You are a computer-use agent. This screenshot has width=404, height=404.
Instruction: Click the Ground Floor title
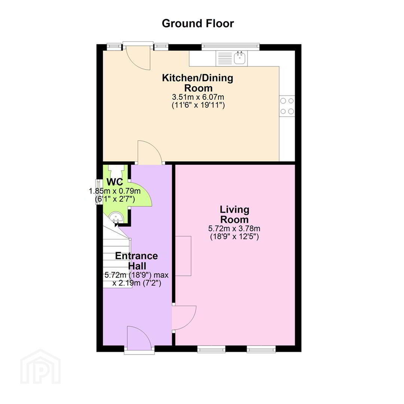coord(198,24)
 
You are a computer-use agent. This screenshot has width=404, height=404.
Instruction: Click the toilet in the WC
coord(116,171)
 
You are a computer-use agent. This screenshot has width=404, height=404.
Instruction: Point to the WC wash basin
coord(116,217)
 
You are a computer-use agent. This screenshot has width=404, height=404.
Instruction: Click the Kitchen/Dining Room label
coord(198,83)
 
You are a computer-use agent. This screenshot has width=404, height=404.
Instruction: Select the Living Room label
coord(235,214)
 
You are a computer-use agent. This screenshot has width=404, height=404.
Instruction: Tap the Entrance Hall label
coord(137,261)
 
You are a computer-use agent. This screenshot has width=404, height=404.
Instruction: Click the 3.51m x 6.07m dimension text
coord(198,97)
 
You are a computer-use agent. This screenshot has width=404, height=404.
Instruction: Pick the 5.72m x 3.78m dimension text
coord(234,228)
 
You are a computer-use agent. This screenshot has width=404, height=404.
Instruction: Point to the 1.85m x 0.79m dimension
coord(115,191)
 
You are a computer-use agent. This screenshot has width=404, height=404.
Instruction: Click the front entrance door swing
coord(139,338)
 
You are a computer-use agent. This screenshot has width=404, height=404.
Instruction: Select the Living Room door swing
coord(184,318)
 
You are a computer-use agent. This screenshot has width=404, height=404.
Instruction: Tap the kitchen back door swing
coord(137,58)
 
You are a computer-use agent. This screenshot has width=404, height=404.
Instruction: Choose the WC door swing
coord(141,194)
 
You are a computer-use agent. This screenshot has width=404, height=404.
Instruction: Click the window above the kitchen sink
coord(230,46)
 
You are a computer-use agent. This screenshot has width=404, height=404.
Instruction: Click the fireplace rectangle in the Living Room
coord(183,256)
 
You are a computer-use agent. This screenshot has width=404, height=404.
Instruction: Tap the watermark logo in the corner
coord(40,367)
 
